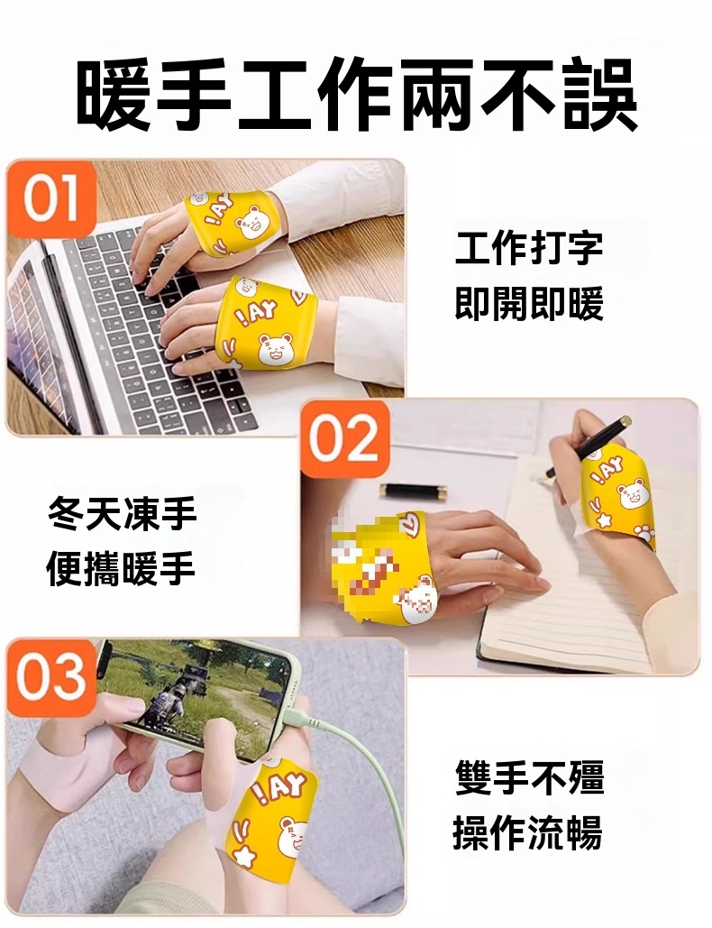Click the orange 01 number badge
(x=51, y=198)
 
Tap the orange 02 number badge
(x=345, y=438)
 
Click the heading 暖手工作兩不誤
(x=357, y=95)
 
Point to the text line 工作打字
(x=529, y=248)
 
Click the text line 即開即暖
(x=529, y=304)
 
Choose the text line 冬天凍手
(x=123, y=514)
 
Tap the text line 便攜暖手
(x=122, y=569)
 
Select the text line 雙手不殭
(x=530, y=777)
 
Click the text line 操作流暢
(x=528, y=832)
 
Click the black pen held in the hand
(x=589, y=446)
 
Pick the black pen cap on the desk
(x=414, y=491)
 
